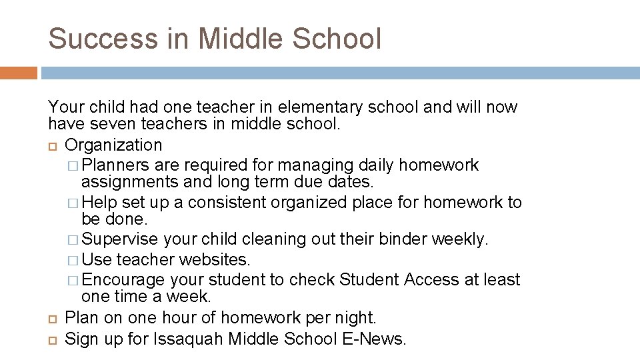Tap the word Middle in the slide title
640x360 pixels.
click(x=231, y=39)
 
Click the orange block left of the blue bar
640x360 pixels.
click(x=19, y=73)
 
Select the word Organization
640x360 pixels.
click(x=113, y=145)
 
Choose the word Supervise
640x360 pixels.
click(x=121, y=239)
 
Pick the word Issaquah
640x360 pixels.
click(x=188, y=339)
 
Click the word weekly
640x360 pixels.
click(x=464, y=239)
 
